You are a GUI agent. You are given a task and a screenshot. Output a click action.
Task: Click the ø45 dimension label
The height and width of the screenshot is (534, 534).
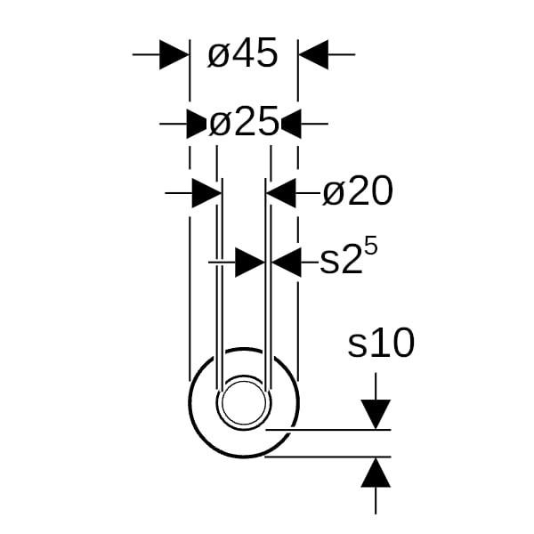(243, 53)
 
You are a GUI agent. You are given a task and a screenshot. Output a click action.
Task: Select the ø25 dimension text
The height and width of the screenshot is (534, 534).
(244, 122)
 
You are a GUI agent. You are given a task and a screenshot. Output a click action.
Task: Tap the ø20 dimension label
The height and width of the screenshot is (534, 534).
(357, 190)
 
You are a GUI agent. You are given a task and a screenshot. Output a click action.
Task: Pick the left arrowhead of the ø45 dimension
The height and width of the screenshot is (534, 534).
(174, 54)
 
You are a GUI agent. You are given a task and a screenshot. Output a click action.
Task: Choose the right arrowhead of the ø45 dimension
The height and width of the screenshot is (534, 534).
(313, 54)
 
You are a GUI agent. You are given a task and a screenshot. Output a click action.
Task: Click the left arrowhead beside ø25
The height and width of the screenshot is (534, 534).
(197, 124)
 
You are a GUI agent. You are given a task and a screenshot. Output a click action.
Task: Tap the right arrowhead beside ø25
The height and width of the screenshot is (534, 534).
(291, 124)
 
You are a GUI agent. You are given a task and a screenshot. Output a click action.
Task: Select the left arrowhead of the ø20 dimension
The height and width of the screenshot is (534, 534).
(207, 193)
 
